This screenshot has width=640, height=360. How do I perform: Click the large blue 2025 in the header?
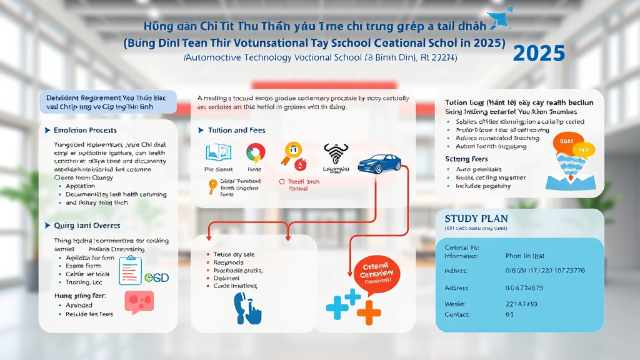(x=539, y=53)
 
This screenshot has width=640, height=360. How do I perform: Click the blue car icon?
(x=379, y=163)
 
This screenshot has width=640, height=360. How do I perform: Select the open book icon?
(x=217, y=152)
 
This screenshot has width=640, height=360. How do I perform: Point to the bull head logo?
(x=335, y=152)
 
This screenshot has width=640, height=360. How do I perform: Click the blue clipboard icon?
(x=130, y=270)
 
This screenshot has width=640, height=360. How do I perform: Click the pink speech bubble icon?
(x=139, y=302)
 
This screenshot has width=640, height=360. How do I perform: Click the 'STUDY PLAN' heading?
(x=476, y=219)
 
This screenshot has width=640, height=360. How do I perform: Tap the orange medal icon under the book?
(x=212, y=184)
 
